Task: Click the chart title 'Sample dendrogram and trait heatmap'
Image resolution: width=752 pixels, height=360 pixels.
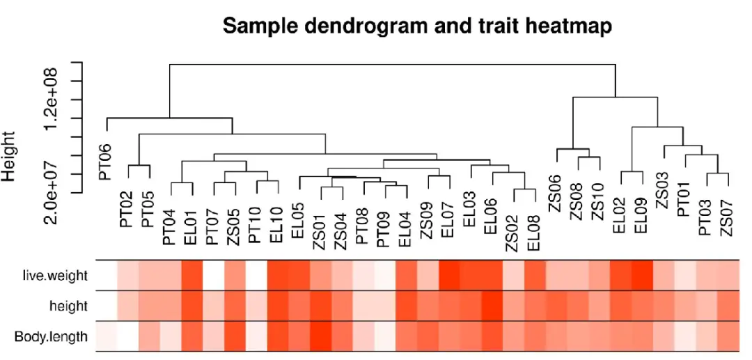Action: tap(417, 26)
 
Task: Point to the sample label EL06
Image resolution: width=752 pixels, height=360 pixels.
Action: tap(492, 215)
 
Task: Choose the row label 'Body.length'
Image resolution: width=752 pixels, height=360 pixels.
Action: tap(52, 338)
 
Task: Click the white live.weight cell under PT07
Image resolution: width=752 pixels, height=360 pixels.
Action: tap(212, 276)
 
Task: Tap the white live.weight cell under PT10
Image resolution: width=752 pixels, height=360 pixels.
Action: tap(256, 276)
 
